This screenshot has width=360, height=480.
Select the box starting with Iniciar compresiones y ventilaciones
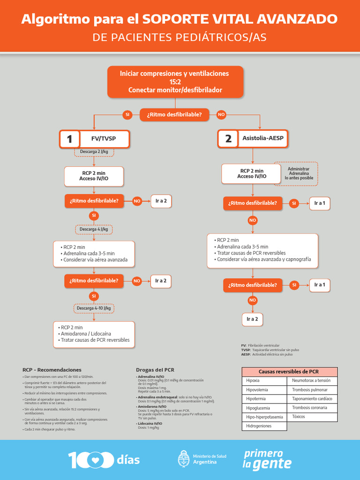click(175, 82)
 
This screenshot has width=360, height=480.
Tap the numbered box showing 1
click(69, 139)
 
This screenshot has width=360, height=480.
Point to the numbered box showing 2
click(228, 139)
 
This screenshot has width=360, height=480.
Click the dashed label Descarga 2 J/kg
click(94, 152)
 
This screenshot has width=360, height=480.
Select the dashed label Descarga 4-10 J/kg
click(94, 308)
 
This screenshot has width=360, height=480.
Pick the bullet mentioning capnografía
click(263, 259)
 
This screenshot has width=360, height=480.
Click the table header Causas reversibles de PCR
click(288, 371)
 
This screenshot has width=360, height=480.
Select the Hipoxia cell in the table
click(264, 381)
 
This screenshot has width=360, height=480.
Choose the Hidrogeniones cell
click(264, 426)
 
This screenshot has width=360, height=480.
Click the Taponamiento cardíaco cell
click(312, 399)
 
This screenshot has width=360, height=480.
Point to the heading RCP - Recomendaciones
click(52, 370)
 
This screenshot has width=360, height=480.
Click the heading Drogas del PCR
click(155, 370)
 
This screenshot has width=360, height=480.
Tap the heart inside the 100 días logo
click(96, 460)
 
